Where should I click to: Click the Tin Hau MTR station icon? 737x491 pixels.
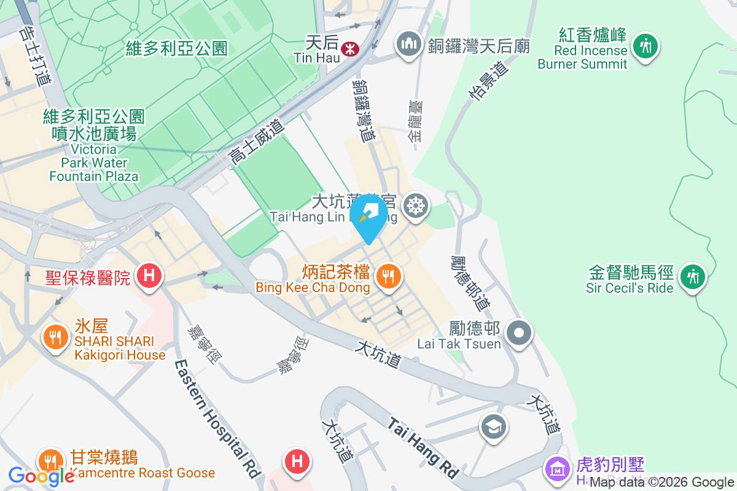[351, 47]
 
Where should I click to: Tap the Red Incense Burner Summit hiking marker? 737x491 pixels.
[645, 45]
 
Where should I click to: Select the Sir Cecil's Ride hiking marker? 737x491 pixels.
[693, 276]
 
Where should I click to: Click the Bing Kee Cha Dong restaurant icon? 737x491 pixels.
[388, 276]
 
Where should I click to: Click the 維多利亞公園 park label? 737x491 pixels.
[176, 48]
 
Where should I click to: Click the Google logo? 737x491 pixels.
[41, 476]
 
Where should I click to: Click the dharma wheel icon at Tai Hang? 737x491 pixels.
[416, 204]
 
